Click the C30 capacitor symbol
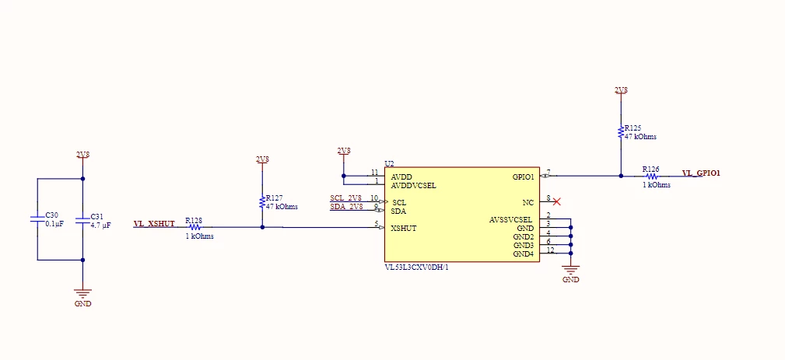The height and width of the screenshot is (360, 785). (x=37, y=219)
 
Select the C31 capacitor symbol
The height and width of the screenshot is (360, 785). (x=82, y=219)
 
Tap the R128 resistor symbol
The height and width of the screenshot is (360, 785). (x=194, y=227)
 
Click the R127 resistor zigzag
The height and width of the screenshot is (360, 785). (x=262, y=202)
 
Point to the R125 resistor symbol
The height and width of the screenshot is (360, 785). (x=621, y=132)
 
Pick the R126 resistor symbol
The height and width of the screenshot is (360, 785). (x=651, y=176)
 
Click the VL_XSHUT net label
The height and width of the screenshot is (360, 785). (x=154, y=223)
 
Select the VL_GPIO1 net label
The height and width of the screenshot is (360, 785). (x=701, y=173)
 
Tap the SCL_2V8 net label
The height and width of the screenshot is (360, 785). (x=346, y=198)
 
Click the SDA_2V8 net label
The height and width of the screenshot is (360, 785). (x=346, y=207)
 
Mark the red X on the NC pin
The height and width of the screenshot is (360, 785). (x=556, y=201)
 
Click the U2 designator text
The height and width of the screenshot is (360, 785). (x=389, y=163)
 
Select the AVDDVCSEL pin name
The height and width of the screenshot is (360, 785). (x=414, y=186)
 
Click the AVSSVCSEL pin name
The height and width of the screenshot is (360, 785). (x=510, y=219)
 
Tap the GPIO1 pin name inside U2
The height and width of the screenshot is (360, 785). (x=523, y=177)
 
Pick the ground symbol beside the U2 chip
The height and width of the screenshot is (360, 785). (x=571, y=269)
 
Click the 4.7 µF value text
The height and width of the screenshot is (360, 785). (x=100, y=225)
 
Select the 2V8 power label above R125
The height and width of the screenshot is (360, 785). (x=621, y=90)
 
